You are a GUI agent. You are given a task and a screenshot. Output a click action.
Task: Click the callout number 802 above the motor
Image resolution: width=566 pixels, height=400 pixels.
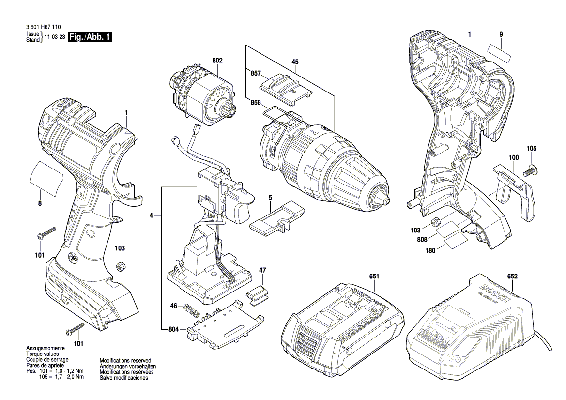tap(217, 61)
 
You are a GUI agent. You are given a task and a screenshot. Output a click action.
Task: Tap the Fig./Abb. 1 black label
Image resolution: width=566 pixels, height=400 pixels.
tap(91, 37)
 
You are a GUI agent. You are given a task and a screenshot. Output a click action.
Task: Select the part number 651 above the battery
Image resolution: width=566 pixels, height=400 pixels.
tap(374, 277)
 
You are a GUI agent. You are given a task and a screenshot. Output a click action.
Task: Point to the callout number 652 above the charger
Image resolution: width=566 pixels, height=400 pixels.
tap(512, 277)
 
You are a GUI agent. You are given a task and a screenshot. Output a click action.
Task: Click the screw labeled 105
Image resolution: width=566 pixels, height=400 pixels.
tap(532, 169)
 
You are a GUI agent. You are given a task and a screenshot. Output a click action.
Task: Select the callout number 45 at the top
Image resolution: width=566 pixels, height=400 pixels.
tap(294, 62)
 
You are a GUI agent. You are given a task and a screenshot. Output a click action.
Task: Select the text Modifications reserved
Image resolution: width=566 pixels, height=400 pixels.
tap(125, 361)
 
